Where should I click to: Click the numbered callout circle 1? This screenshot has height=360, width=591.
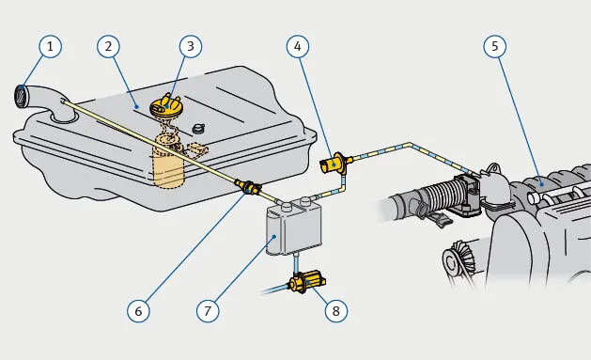[x=50, y=46]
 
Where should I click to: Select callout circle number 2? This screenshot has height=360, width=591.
[x=109, y=46]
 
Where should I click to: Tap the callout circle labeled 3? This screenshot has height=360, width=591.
[x=191, y=46]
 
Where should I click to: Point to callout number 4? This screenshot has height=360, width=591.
[x=298, y=46]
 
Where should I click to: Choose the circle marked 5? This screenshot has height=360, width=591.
[x=495, y=46]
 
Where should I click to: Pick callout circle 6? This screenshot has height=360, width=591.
[x=138, y=311]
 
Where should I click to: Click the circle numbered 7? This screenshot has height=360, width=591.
[x=208, y=311]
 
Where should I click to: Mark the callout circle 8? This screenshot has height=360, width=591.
[x=335, y=311]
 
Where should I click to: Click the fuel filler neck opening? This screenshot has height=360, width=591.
[x=22, y=96]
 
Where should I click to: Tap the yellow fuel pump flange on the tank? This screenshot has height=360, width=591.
[x=166, y=106]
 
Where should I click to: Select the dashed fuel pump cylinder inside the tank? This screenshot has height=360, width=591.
[x=168, y=162]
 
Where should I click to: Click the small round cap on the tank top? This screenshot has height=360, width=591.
[x=198, y=129]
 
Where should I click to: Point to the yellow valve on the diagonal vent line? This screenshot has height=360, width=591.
[x=248, y=186]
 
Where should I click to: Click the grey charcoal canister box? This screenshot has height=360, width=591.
[x=294, y=228]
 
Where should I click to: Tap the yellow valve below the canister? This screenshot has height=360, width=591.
[x=307, y=283]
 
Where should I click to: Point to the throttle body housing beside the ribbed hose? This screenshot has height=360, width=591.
[x=467, y=195]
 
